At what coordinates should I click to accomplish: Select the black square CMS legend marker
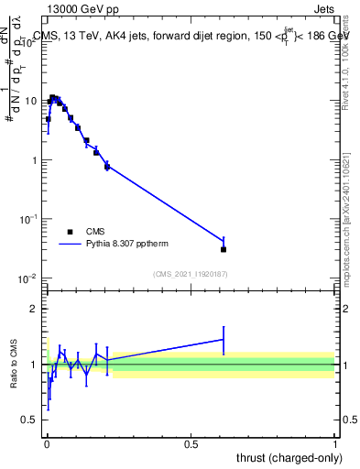click(70, 232)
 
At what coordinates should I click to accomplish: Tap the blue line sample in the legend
click(70, 245)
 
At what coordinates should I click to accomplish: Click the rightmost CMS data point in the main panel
click(224, 249)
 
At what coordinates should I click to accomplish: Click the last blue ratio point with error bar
click(224, 340)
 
